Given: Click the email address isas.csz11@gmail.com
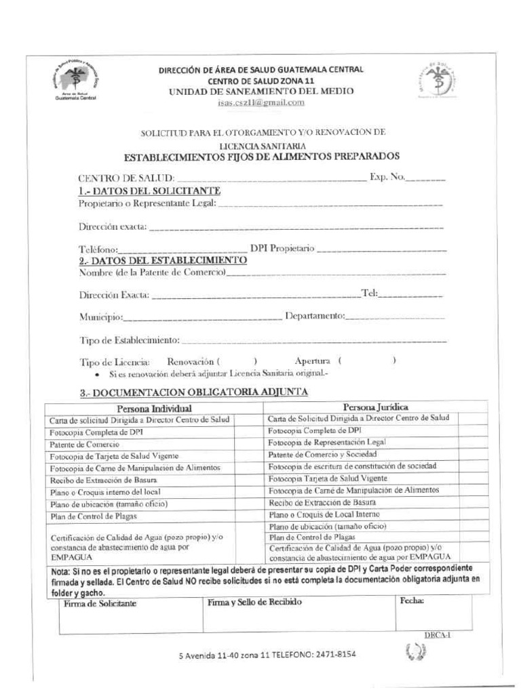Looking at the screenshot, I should (260, 102).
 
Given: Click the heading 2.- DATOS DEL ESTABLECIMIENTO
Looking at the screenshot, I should (162, 260).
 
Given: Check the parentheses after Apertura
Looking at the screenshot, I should (366, 362).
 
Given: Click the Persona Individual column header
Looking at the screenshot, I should (155, 408).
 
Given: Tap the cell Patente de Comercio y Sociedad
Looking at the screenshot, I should (322, 453).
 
